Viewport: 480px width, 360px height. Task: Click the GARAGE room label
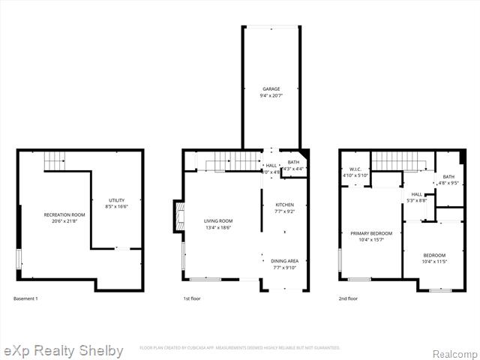[271, 88]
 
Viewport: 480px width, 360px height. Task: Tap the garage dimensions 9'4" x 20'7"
[271, 95]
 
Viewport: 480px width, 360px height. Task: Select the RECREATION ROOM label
[64, 214]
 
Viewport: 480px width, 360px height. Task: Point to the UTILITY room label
[116, 200]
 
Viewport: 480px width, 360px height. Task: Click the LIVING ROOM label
[218, 220]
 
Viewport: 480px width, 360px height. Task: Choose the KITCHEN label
[284, 205]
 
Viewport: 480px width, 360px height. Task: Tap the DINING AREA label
[284, 261]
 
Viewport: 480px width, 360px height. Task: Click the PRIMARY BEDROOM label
[372, 233]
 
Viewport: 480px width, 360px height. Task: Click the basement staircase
[54, 160]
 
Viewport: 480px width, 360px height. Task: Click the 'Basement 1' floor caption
[25, 298]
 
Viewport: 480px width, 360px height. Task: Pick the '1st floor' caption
[193, 298]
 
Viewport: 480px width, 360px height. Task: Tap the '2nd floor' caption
[348, 298]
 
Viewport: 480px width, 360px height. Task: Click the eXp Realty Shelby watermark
[64, 351]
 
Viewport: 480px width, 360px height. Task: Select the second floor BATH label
[448, 176]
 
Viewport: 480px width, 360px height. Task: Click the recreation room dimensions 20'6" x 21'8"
[64, 221]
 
